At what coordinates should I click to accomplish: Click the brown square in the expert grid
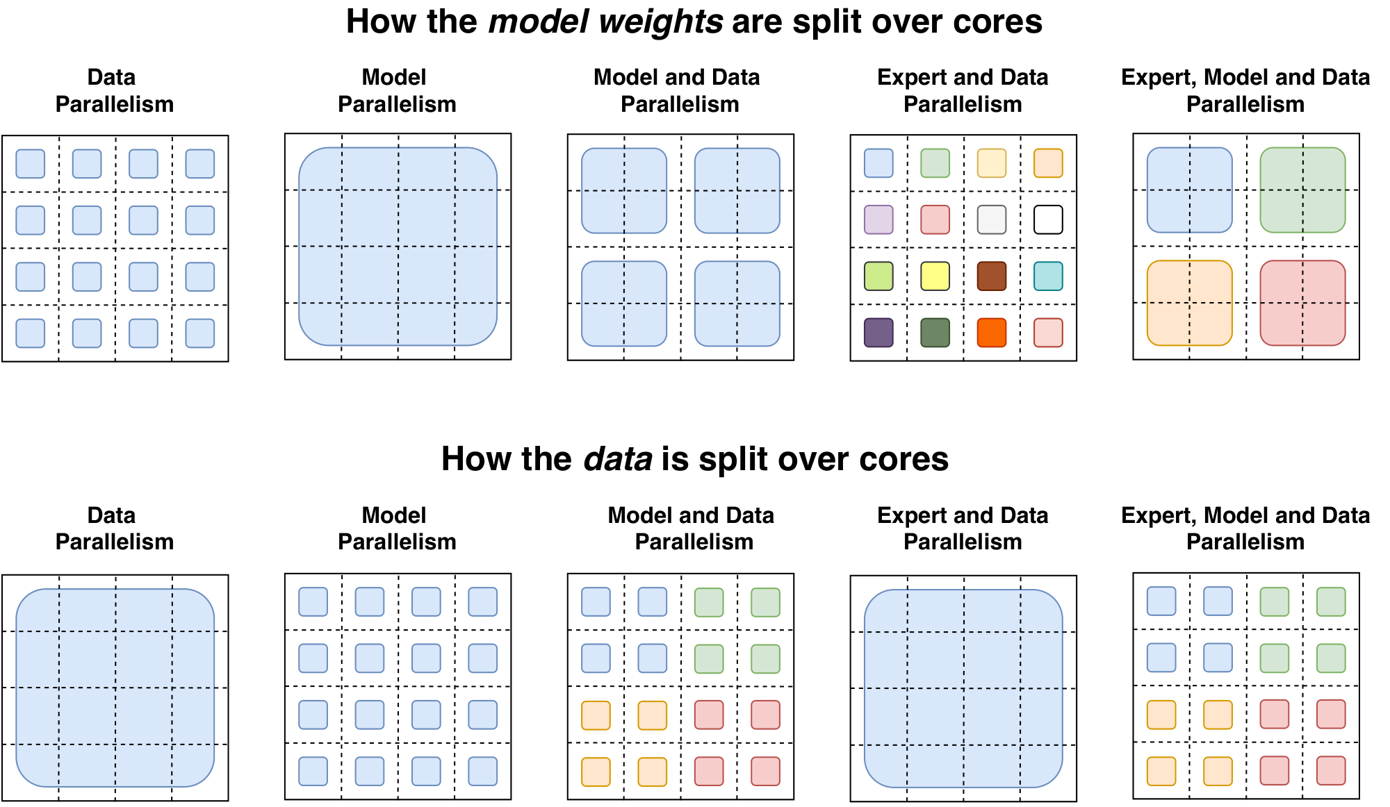pos(991,276)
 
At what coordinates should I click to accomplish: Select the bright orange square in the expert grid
pos(991,333)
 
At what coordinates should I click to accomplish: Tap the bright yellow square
pos(935,276)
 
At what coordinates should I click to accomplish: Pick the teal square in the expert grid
pos(1048,276)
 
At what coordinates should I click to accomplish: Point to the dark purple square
pos(878,333)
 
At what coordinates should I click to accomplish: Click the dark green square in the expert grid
pos(935,333)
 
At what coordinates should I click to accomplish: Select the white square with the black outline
pos(1048,219)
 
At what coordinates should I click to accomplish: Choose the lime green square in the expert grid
pos(878,276)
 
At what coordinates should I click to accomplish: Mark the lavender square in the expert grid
pos(878,219)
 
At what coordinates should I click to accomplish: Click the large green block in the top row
pos(1302,190)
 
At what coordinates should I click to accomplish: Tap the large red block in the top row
pos(1302,303)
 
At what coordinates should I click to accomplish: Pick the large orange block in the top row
pos(1189,303)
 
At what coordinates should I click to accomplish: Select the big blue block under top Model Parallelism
pos(398,247)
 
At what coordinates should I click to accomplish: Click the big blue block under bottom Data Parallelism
pos(115,688)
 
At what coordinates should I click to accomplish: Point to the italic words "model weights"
pos(605,22)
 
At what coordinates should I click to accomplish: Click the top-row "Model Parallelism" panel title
pos(396,90)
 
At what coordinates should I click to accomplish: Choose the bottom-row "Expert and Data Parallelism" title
pos(963,529)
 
